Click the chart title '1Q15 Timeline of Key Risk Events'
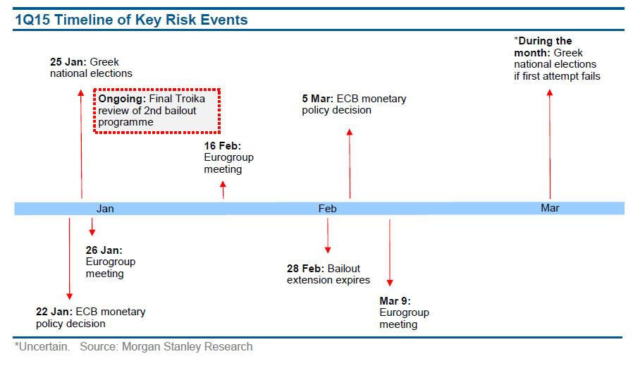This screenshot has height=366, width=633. pos(131,20)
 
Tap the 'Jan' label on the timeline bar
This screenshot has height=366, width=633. pos(105,209)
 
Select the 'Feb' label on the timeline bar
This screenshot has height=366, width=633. pos(327,209)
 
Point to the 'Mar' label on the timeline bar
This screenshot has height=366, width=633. pos(550,207)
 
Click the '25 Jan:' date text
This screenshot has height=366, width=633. pos(68,62)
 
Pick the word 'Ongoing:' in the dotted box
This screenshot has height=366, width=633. pos(122,99)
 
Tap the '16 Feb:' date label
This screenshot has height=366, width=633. pos(223,145)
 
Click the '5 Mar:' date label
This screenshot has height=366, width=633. pos(318,99)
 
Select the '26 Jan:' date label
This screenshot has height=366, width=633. pos(104,250)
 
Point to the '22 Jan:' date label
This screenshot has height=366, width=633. pos(54,312)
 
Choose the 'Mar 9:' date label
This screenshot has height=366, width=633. pos(395,301)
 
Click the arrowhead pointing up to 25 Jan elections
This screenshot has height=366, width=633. pos(81,92)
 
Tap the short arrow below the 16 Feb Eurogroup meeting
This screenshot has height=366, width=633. pos(223,190)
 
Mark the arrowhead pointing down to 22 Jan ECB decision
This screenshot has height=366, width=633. pos(70,296)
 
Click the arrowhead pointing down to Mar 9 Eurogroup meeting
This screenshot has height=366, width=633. pos(390,283)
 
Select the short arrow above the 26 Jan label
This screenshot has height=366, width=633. pos(92,226)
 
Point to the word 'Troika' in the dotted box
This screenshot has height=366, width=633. pos(191,99)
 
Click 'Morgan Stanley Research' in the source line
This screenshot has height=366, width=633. pos(188,347)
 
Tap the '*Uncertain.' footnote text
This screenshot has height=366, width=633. pos(42,347)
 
